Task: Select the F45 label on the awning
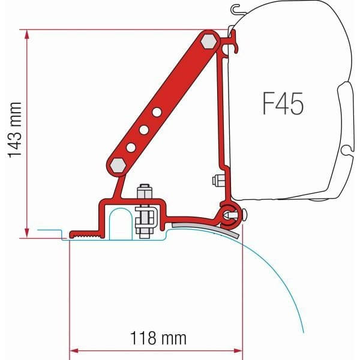(283, 104)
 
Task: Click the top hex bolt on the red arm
(209, 41)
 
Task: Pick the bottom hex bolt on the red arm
(118, 165)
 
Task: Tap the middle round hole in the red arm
(143, 130)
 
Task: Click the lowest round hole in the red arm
(130, 147)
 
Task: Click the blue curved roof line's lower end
(304, 331)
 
